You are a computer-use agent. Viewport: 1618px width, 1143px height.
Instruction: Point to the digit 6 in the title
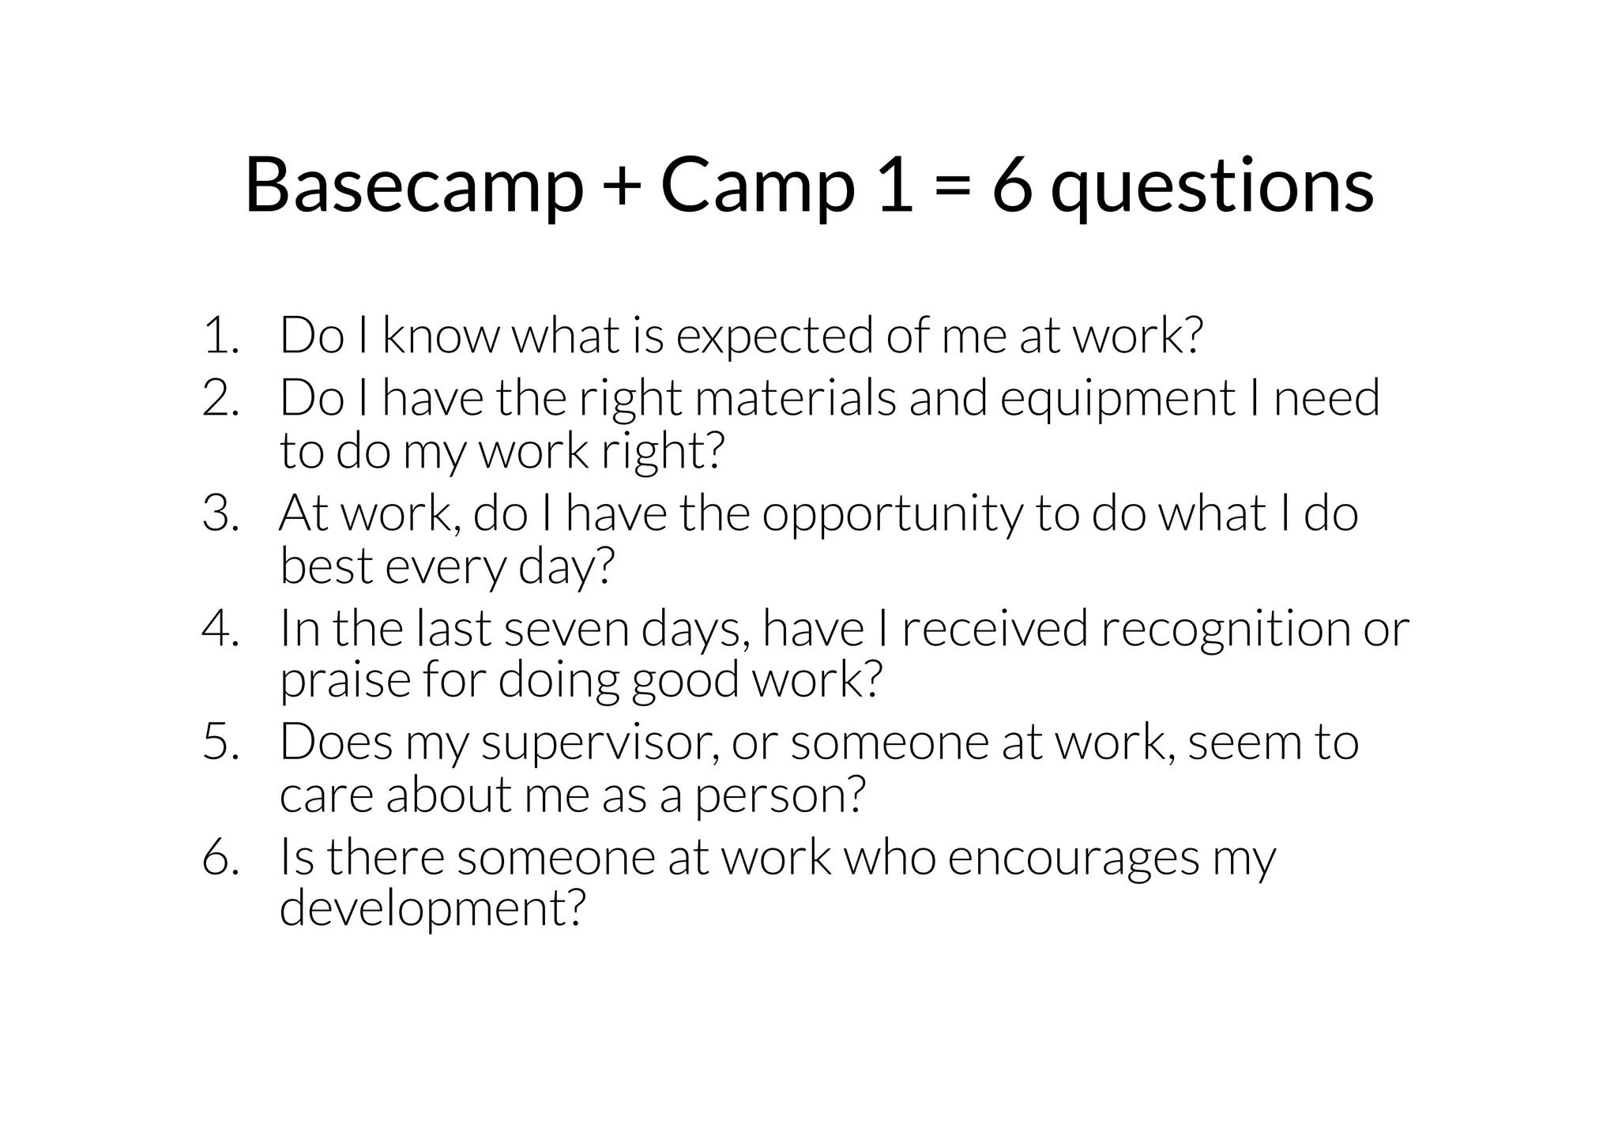pos(1012,186)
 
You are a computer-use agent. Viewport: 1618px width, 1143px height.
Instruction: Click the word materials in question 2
pos(796,398)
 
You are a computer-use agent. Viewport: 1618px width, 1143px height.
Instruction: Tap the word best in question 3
pos(325,566)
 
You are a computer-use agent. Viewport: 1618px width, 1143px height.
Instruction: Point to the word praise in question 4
pos(345,681)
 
